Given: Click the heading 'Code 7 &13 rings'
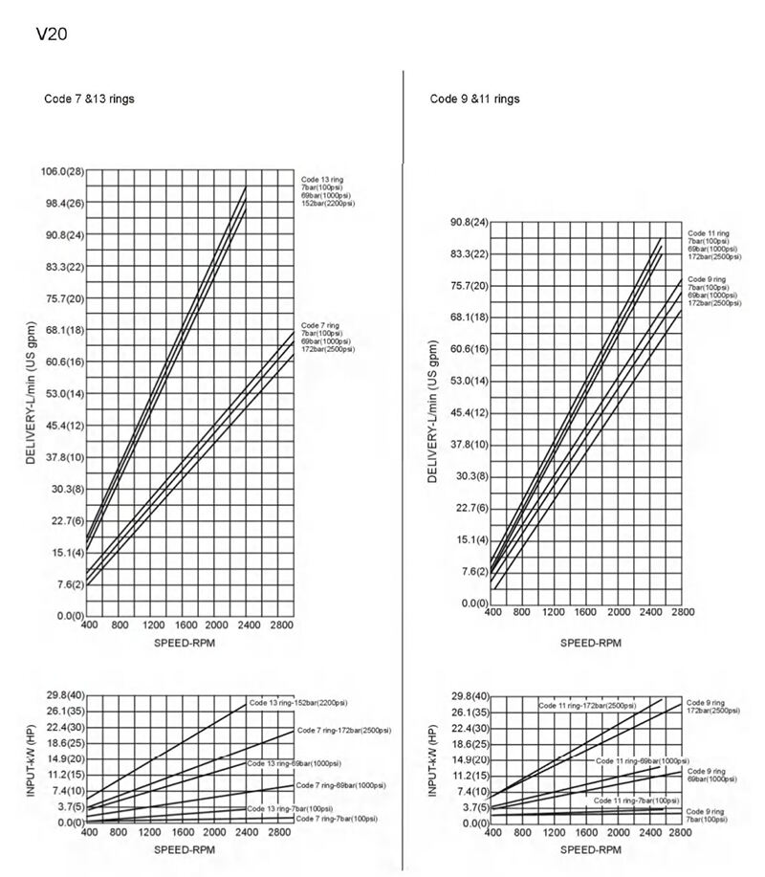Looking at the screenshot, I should (x=89, y=99).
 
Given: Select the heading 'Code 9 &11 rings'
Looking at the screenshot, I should (x=474, y=99).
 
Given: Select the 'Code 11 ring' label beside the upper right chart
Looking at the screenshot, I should (x=709, y=233).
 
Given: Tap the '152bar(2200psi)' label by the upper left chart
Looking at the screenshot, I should (x=328, y=204).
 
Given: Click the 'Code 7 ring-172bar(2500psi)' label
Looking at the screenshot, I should (x=343, y=731).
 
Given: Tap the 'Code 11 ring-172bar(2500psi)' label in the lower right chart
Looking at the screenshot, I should (x=586, y=705).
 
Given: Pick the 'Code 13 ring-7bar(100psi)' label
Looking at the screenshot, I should (x=294, y=809).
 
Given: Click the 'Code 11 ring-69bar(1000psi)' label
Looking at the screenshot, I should (x=641, y=760).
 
